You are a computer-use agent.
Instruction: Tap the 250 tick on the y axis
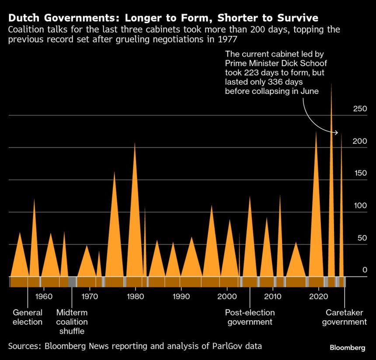(x=360, y=109)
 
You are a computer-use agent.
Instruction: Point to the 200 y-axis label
(x=360, y=141)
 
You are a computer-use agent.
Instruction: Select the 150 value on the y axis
(x=360, y=173)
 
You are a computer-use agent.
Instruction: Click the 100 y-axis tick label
(x=360, y=206)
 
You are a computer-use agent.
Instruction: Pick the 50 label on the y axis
(x=362, y=238)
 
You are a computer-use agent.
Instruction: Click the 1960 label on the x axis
(x=44, y=296)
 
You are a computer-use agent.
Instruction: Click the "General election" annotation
(x=28, y=317)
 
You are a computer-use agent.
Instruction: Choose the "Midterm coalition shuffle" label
(x=72, y=322)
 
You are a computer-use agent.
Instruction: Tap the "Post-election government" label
(x=249, y=317)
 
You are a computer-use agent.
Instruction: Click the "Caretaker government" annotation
(x=346, y=317)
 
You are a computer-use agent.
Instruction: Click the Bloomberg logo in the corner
(x=347, y=348)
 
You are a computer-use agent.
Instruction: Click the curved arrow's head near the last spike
(x=337, y=132)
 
